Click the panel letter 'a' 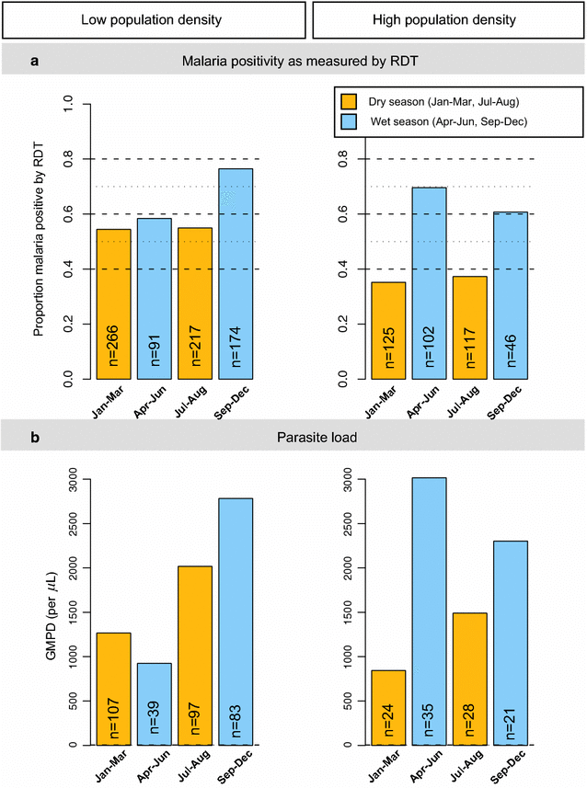point(34,63)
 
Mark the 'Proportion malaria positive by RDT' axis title point(39,242)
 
